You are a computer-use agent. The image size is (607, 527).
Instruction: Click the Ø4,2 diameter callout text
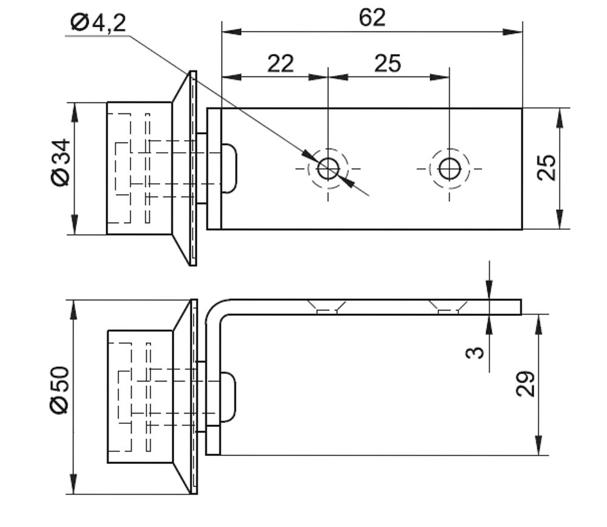tap(98, 22)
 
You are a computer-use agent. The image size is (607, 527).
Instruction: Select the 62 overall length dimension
tap(371, 18)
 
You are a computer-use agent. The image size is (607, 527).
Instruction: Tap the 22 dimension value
tap(280, 63)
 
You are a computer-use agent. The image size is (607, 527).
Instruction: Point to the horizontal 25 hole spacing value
tap(387, 63)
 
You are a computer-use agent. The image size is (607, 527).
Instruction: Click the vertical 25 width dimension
tap(546, 167)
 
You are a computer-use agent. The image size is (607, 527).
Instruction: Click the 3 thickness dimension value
tap(478, 352)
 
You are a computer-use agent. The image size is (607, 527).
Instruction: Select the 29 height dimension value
tap(526, 383)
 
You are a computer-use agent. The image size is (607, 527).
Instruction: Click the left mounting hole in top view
tap(328, 169)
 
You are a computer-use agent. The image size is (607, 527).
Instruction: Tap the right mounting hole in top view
tap(449, 169)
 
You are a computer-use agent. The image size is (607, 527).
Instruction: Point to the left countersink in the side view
tap(327, 307)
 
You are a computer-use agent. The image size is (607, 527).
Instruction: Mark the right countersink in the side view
tap(448, 307)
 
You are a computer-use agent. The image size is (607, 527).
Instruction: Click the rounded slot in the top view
tap(229, 168)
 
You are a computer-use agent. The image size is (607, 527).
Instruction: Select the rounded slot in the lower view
tap(228, 397)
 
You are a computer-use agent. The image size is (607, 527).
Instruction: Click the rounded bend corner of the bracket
tap(216, 308)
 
